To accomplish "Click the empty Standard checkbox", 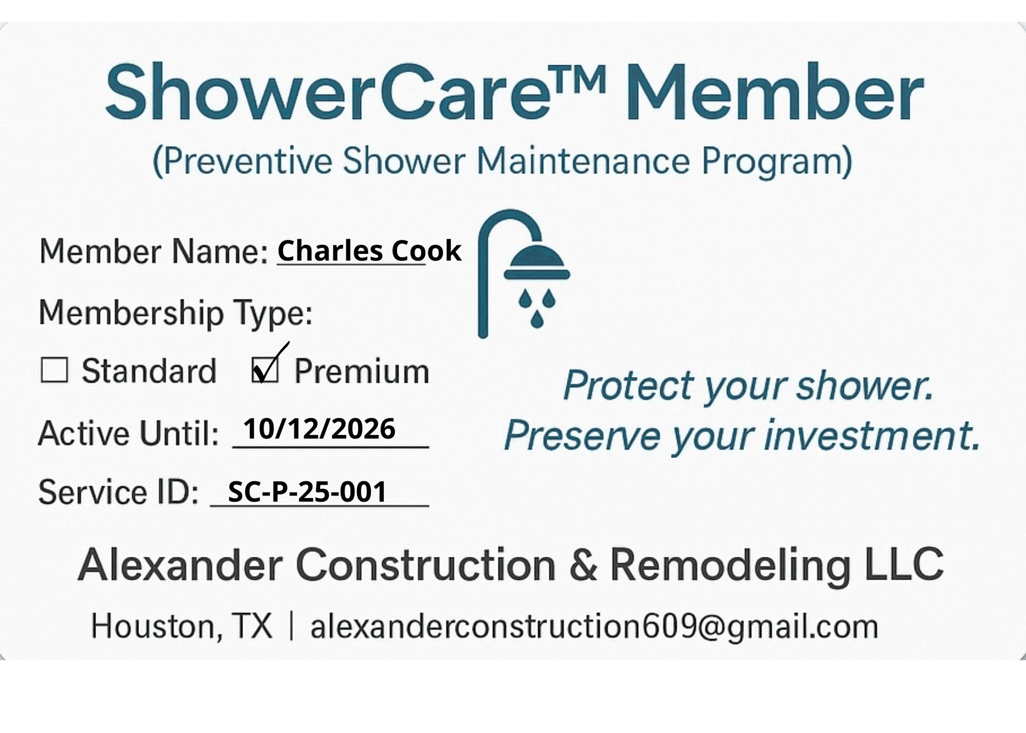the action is pos(54,370).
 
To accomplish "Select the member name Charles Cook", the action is pos(369,251).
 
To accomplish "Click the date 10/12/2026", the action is pos(319,428).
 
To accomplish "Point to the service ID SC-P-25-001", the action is pos(307,492).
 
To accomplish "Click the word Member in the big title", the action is pos(775,92).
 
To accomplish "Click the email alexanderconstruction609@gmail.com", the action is pos(594,626).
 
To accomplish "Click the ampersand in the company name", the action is pos(583,564).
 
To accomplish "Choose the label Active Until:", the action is pos(129,433).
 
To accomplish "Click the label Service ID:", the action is pos(119,492).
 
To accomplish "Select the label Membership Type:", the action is pos(176,313).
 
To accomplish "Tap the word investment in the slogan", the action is pos(871,435).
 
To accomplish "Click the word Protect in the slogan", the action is pos(629,385).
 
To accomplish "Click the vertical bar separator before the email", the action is pos(291,626).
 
